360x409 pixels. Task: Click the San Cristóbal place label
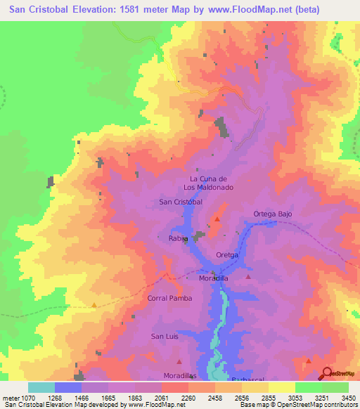tap(181, 202)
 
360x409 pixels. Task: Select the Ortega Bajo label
tap(272, 214)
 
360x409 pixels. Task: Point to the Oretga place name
tap(228, 255)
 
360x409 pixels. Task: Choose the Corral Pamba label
tap(169, 298)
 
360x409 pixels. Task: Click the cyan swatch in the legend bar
tap(41, 387)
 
